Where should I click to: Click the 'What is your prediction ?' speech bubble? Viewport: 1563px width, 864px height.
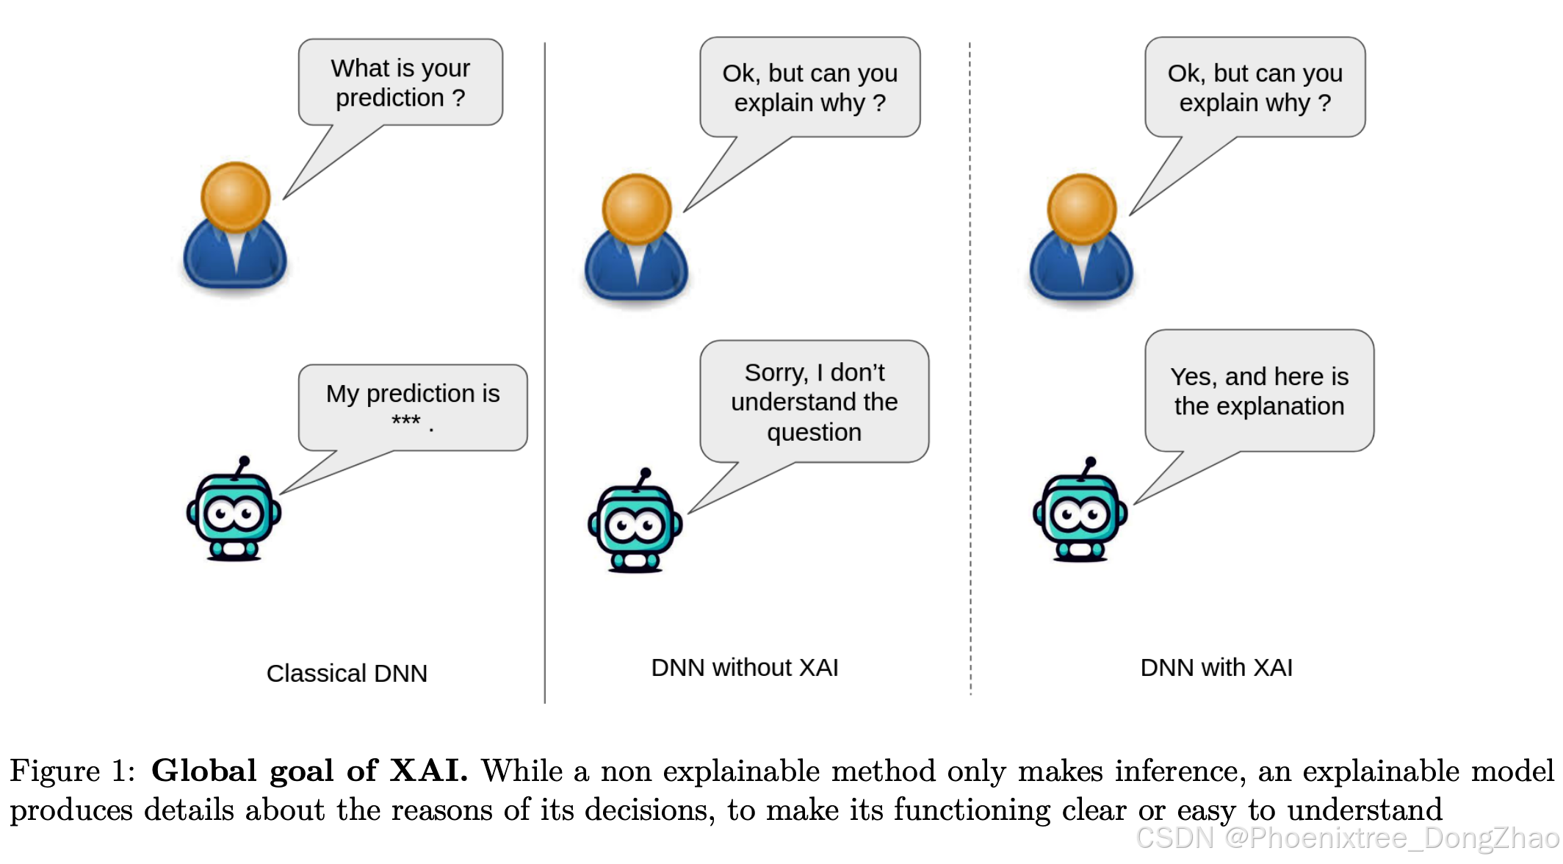400,82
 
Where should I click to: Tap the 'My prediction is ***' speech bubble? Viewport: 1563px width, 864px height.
412,407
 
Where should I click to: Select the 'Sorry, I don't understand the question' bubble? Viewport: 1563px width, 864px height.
814,401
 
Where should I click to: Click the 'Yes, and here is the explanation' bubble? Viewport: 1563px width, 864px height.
1259,391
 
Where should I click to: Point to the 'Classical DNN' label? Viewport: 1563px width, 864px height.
347,673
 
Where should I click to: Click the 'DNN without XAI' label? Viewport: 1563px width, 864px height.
744,667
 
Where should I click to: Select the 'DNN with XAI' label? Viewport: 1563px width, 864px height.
1216,667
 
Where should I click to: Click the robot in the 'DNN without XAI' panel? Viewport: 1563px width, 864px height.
635,523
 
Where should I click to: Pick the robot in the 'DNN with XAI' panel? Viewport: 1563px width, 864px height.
1080,513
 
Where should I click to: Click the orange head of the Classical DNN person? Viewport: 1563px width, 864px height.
235,196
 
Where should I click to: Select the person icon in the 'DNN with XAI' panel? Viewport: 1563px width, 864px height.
1081,239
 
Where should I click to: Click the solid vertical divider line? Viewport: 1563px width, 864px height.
544,367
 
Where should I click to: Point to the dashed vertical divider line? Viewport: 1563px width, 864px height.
970,367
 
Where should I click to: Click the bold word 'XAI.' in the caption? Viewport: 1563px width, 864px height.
428,771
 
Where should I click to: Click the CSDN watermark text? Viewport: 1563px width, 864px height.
1347,838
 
